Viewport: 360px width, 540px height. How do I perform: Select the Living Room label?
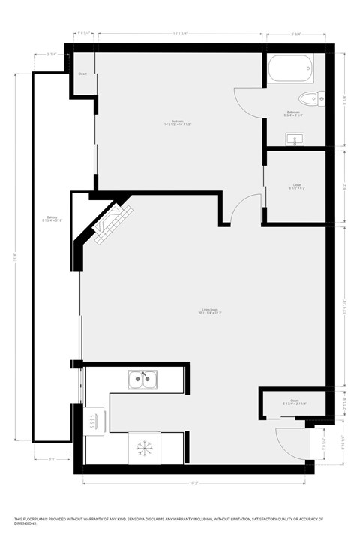[209, 310]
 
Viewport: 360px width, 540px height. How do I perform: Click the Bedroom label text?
[178, 122]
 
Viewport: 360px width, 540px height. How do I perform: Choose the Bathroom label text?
[292, 112]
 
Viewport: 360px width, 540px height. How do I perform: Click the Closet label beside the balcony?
[82, 73]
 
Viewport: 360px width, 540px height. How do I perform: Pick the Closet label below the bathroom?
[297, 185]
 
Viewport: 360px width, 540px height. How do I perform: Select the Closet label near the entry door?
[294, 401]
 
